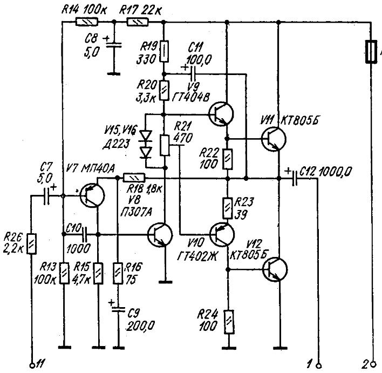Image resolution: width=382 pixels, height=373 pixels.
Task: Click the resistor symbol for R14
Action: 86,23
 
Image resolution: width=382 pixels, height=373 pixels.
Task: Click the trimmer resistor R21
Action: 164,144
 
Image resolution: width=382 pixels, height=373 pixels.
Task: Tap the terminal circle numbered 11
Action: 32,363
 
